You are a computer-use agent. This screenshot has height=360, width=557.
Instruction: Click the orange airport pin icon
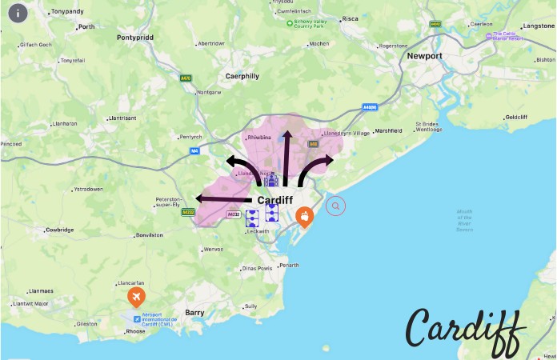click(137, 298)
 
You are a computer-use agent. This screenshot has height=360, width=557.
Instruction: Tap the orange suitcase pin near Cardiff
click(304, 215)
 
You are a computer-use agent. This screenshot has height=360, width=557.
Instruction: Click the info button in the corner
click(17, 14)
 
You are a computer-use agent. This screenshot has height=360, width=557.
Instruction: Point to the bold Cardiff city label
click(274, 199)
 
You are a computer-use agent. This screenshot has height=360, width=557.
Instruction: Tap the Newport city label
click(424, 57)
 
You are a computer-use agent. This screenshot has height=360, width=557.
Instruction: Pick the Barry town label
click(195, 313)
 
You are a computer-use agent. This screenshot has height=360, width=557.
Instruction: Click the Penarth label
click(289, 266)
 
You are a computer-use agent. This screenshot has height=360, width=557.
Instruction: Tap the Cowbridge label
click(59, 230)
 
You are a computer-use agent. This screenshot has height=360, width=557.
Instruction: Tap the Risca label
click(351, 18)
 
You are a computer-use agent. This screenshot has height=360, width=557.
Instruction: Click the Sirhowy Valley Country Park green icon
click(290, 23)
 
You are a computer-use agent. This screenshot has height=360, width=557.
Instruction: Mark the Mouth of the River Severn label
click(464, 220)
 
